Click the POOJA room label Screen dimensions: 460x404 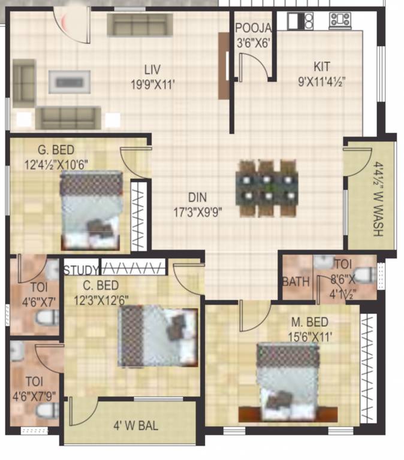coord(253,28)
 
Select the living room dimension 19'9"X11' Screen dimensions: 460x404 coord(153,84)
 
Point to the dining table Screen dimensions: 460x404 coord(267,187)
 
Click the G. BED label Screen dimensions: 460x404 coord(50,149)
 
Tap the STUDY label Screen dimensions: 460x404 coord(81,269)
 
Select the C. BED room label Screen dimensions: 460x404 coord(101,285)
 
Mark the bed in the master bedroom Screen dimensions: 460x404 coord(287,382)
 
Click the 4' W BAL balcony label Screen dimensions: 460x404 coord(136,426)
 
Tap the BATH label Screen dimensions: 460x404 coord(296,282)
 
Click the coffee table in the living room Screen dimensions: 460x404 coord(70,81)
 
